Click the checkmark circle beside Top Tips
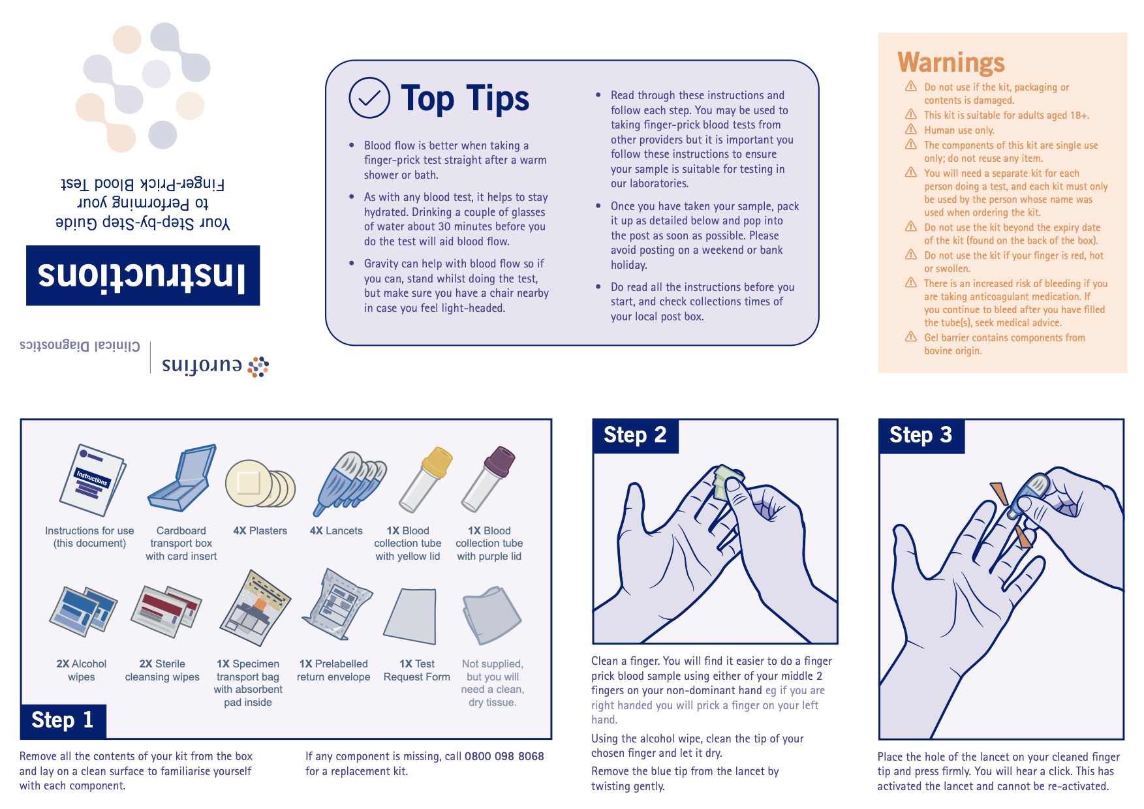coord(369,98)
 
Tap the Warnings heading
coord(951,63)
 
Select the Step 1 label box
coord(63,721)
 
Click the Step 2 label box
coord(636,436)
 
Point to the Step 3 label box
coord(921,436)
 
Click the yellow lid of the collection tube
coord(437,461)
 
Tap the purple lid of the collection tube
coord(500,461)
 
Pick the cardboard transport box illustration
coord(182,479)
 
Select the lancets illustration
coord(350,481)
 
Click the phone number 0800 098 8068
coord(504,756)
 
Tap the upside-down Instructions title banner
coord(143,275)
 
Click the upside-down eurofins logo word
coord(202,365)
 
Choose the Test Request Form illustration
coord(410,616)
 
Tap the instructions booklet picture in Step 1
coord(92,480)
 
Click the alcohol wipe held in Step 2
coord(727,481)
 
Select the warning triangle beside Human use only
coord(911,129)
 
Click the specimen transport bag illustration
coord(255,609)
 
